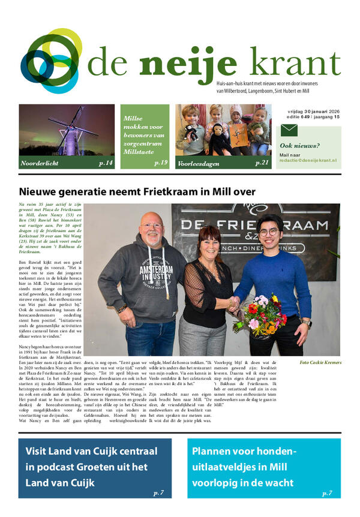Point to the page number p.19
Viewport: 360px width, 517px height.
pyautogui.click(x=160, y=163)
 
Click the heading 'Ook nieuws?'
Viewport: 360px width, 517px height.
pyautogui.click(x=300, y=146)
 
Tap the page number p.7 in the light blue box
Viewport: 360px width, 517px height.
pyautogui.click(x=327, y=493)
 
